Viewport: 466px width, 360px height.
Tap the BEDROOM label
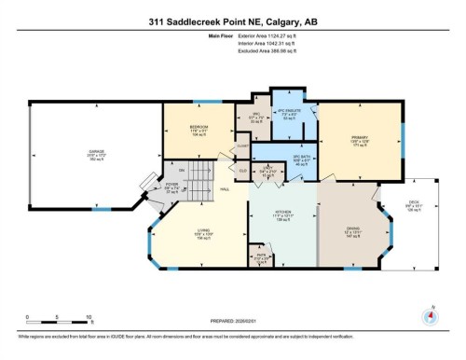coord(198,126)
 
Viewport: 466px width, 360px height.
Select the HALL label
coord(225,190)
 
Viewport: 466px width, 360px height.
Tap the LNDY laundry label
coord(267,170)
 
